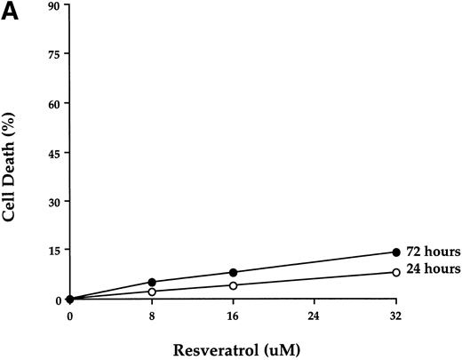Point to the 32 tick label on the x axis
[x=395, y=316]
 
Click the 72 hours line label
[x=432, y=252]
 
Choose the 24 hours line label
[x=432, y=270]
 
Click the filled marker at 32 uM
[x=395, y=252]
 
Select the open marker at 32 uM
[x=395, y=272]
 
